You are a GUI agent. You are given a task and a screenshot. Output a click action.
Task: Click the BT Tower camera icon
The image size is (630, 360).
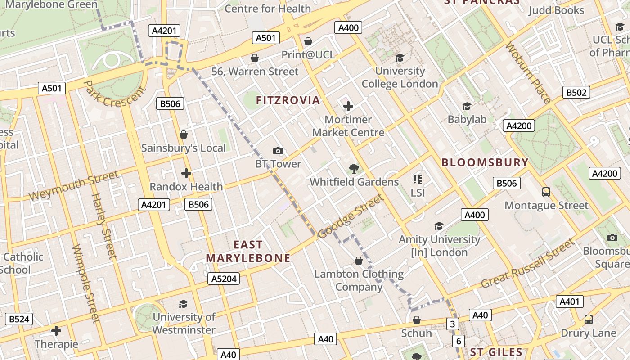[x=278, y=151]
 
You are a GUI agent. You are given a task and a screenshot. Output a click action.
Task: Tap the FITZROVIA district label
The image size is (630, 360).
[x=288, y=100]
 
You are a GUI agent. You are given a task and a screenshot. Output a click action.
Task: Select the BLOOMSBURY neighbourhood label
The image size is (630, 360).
[x=485, y=162]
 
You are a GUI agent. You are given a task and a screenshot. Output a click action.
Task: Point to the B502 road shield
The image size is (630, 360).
[x=576, y=93]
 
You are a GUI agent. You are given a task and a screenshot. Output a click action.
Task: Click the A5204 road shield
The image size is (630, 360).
[x=224, y=279]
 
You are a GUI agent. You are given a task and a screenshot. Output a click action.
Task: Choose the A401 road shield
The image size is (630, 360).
[x=569, y=301]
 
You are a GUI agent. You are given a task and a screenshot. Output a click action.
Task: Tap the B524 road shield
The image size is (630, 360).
[x=19, y=319]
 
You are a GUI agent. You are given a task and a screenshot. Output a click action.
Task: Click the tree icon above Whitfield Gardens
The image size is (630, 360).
[x=354, y=169]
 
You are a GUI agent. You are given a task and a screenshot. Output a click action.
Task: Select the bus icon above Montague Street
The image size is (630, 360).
[x=546, y=192]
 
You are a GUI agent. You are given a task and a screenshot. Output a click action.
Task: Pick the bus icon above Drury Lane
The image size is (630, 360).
[x=588, y=319]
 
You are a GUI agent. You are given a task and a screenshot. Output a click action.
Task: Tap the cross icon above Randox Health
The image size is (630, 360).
[x=186, y=173]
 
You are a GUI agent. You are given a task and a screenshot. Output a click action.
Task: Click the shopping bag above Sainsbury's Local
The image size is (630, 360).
[x=183, y=135]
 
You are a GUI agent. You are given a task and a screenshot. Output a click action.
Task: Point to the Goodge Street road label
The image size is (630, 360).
[x=351, y=216]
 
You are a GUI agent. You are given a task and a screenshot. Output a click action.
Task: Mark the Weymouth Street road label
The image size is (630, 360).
[x=74, y=185]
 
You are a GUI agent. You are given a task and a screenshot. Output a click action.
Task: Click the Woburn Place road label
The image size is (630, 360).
[x=528, y=73]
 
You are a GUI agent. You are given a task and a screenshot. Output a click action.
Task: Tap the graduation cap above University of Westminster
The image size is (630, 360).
[x=183, y=304]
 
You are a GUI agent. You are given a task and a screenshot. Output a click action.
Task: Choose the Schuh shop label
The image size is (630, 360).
[x=416, y=333]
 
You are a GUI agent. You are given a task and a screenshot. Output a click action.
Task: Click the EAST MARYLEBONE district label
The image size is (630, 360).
[x=248, y=251]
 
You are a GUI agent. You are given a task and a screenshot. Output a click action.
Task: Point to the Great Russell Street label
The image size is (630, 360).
[x=528, y=264]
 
